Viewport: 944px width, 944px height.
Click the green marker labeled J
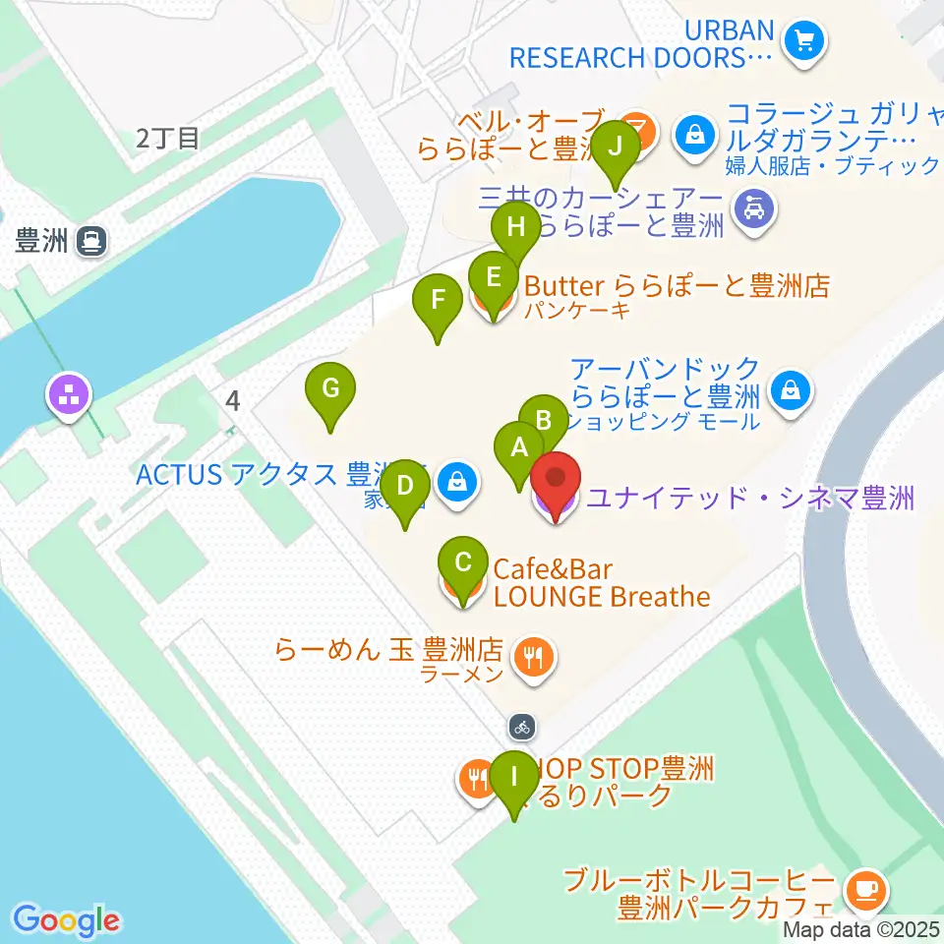click(617, 147)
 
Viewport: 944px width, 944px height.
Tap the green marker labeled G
click(331, 389)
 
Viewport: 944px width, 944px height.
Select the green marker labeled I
click(512, 778)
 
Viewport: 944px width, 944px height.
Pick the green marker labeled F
click(438, 301)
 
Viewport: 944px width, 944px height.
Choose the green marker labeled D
click(404, 487)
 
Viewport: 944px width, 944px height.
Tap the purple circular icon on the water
click(71, 397)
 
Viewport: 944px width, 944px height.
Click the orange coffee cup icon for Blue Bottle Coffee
click(865, 890)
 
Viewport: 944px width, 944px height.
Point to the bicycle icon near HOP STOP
click(522, 728)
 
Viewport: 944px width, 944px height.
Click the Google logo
click(67, 920)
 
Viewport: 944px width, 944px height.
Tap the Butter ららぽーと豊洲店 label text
click(677, 286)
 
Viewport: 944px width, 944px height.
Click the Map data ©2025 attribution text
click(862, 929)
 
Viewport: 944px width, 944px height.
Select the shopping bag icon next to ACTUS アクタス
click(457, 482)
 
